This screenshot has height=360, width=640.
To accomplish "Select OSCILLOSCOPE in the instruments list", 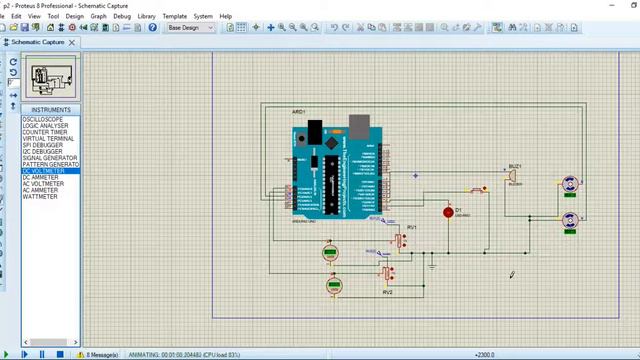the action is click(43, 120).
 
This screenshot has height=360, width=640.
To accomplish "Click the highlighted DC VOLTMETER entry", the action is click(44, 171).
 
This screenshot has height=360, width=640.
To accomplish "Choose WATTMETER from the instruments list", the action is click(40, 197).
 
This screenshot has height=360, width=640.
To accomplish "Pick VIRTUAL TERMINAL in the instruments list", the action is click(48, 139).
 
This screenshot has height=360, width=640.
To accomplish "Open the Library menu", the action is click(147, 16).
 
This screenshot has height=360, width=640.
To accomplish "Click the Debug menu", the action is click(122, 16).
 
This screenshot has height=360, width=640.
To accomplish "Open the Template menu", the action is click(175, 16).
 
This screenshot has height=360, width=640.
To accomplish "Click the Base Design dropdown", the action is click(191, 28).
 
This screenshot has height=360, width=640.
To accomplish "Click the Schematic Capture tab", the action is click(39, 42).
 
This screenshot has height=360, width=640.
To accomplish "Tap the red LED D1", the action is click(448, 212).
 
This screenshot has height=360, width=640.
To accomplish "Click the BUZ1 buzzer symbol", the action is click(513, 177).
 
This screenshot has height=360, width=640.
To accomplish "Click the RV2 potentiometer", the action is click(388, 272).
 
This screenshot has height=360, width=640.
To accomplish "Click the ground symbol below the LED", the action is click(432, 266).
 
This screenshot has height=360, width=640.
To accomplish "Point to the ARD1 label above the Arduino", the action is click(298, 112).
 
